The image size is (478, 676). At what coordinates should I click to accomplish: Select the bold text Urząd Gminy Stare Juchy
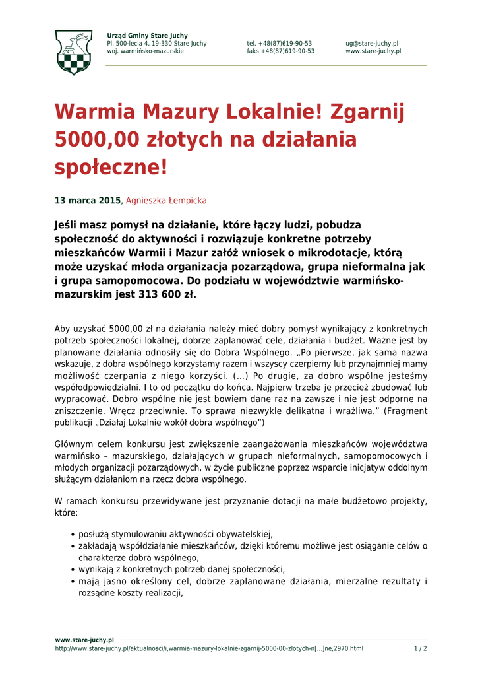click(147, 35)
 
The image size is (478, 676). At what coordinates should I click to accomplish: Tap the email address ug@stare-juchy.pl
click(371, 43)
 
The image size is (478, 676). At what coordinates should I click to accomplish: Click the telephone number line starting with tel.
click(280, 43)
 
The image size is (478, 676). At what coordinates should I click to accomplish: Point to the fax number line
click(280, 51)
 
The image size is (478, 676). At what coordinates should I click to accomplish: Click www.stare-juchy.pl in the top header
click(373, 51)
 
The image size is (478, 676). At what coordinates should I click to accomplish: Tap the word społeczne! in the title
click(111, 167)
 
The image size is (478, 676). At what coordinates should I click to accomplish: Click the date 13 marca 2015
click(88, 200)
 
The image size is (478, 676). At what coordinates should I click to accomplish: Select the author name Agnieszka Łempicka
click(166, 200)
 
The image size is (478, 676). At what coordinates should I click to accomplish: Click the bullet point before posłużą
click(72, 535)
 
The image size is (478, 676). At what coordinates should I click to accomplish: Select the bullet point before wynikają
click(72, 570)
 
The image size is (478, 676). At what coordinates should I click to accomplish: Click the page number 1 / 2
click(420, 648)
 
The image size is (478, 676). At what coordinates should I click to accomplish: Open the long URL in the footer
click(208, 648)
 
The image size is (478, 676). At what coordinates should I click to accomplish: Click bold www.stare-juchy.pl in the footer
click(84, 640)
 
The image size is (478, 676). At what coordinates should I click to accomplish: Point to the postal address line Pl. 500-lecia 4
click(156, 43)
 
